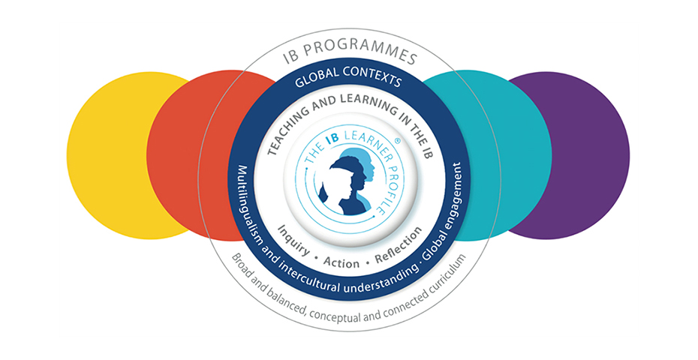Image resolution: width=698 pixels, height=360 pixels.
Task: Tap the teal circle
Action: pos(503,150)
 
